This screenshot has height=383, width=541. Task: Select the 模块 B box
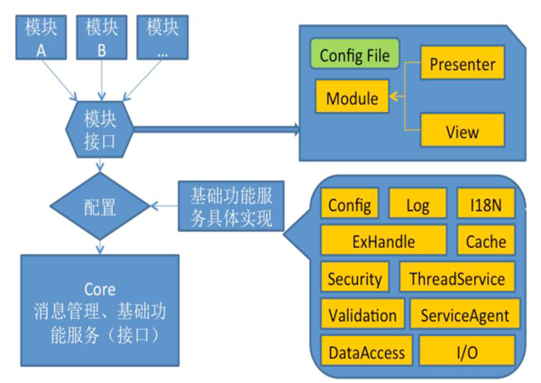(x=102, y=37)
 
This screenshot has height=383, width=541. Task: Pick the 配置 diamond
(x=100, y=206)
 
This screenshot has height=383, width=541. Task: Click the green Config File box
(x=354, y=55)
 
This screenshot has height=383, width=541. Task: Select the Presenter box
(x=462, y=65)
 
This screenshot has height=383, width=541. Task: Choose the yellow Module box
(x=352, y=97)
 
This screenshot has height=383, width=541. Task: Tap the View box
(x=462, y=132)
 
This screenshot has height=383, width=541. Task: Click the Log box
(x=417, y=205)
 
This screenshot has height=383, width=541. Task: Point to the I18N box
(x=485, y=205)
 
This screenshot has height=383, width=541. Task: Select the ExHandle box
(x=383, y=241)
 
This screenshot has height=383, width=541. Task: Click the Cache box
(x=486, y=241)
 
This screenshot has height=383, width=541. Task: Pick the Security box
(x=354, y=278)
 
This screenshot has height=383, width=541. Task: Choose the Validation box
(x=362, y=315)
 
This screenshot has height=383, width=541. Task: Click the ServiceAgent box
(x=464, y=315)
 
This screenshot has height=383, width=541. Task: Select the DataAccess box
(x=366, y=351)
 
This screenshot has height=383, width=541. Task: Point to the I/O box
(x=466, y=351)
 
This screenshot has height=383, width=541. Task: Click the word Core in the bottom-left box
(x=99, y=289)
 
